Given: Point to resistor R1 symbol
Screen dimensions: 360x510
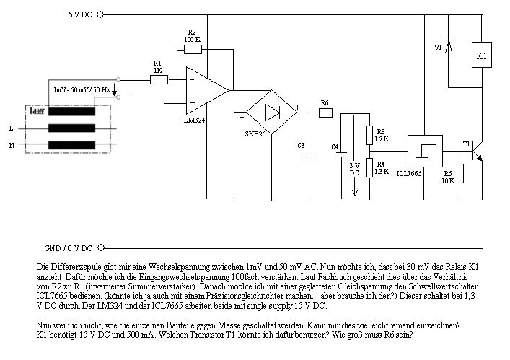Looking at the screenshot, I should (159, 79).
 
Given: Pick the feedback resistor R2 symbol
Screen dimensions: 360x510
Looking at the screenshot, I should (192, 50).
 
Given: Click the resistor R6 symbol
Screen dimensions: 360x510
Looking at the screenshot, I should (325, 112).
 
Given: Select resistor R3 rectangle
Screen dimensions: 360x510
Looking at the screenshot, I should (369, 136).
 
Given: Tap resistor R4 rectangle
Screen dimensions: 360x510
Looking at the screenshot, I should (369, 168).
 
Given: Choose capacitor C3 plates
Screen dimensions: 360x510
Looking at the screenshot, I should (311, 154).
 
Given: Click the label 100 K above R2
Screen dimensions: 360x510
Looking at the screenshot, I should (192, 39).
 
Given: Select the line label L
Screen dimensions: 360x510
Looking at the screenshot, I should (11, 128).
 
